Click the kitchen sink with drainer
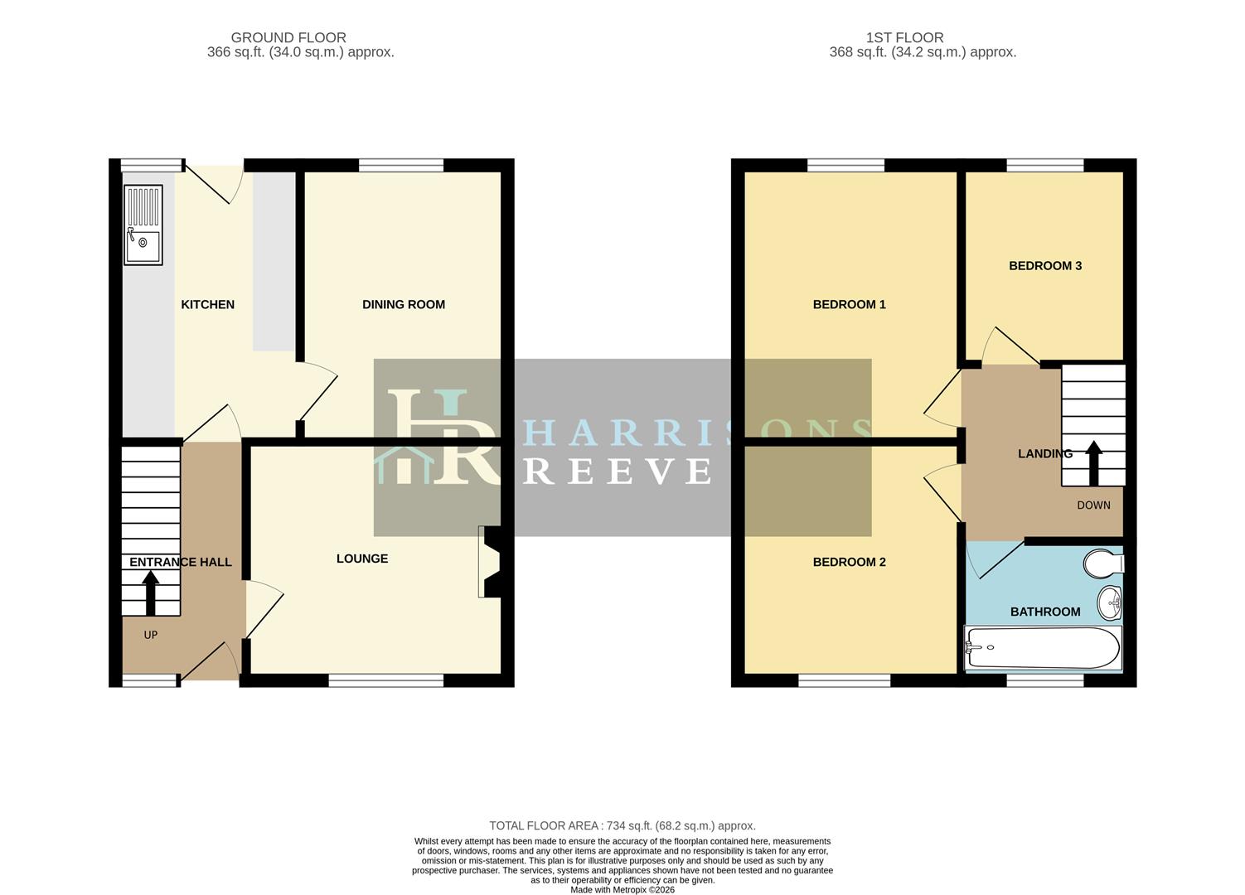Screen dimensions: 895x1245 [143, 225]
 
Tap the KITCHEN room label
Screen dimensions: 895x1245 [207, 305]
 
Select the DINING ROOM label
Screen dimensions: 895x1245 [403, 305]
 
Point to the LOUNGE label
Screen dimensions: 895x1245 [362, 559]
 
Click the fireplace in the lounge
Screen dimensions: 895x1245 [489, 562]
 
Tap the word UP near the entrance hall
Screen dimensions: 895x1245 [151, 636]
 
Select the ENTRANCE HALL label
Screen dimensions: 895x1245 [180, 562]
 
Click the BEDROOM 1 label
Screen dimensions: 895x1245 [849, 305]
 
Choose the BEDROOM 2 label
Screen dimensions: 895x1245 [849, 562]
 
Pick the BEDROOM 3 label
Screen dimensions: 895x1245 [1044, 266]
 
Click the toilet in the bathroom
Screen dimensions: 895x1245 [1103, 564]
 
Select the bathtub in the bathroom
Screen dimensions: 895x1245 [1044, 647]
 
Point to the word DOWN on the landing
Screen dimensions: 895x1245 [1093, 506]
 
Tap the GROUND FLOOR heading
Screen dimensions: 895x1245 [288, 37]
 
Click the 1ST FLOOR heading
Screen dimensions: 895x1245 [904, 37]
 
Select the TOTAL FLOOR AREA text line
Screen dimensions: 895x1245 [622, 825]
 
